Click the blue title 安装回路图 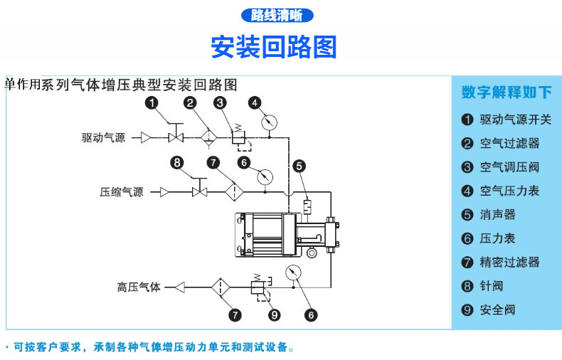pos(274,47)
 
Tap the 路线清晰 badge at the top pos(277,15)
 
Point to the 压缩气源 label pos(122,192)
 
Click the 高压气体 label pos(139,287)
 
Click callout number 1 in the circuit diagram pos(151,103)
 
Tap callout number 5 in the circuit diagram pos(299,166)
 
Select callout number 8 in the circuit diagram pos(177,162)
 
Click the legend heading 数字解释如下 pos(507,92)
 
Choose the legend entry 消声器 pos(498,214)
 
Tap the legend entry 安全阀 pos(498,309)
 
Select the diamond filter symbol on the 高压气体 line pos(220,287)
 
